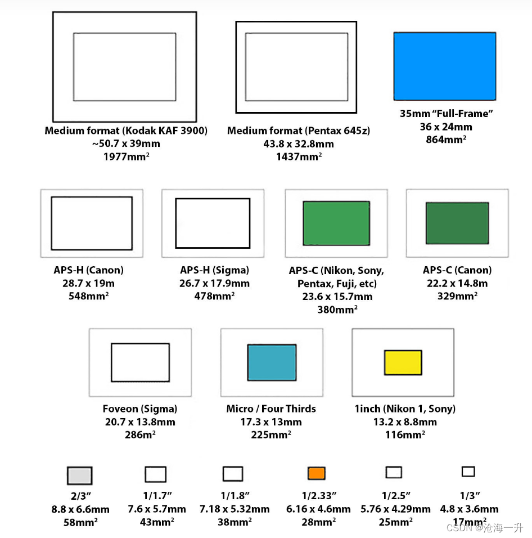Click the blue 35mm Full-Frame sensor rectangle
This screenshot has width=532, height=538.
point(445,66)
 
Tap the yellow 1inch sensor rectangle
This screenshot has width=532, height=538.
point(403,362)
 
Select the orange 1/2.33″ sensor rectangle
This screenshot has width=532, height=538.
point(317,473)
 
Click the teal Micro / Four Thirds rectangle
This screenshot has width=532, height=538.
point(272,362)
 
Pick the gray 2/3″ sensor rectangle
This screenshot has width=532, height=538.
point(79,476)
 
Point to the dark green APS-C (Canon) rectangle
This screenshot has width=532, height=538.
point(457,223)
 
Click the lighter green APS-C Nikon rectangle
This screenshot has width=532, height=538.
point(336,223)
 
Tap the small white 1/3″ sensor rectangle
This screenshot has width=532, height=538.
point(468,472)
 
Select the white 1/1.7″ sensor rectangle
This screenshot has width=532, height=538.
point(156,474)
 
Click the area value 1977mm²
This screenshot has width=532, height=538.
point(126,156)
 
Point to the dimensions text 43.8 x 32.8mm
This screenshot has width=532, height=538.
point(299,144)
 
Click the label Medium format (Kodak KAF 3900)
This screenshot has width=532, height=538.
point(126,131)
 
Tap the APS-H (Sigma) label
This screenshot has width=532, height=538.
point(215,270)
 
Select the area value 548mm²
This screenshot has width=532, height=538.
point(88,296)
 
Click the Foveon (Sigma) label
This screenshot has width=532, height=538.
point(140,409)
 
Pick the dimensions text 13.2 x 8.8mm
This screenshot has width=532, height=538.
point(405,422)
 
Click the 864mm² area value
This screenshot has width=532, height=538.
point(446,140)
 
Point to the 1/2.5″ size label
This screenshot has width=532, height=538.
point(396,495)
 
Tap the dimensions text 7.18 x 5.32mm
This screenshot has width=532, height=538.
point(235,509)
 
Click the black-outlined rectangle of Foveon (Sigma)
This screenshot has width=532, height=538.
point(140,343)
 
